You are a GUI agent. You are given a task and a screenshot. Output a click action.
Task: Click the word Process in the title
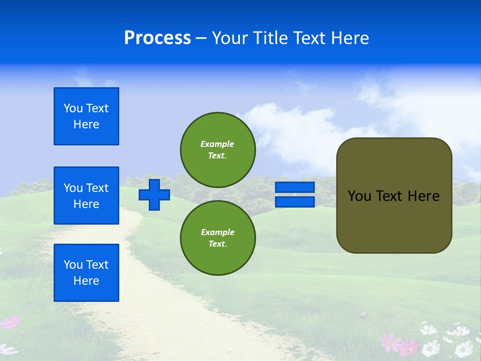pyautogui.click(x=157, y=38)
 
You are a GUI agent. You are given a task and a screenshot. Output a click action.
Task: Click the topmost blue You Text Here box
pyautogui.click(x=86, y=116)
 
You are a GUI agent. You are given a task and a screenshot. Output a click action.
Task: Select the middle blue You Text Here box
pyautogui.click(x=86, y=196)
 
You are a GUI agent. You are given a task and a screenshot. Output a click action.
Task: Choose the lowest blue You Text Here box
pyautogui.click(x=86, y=272)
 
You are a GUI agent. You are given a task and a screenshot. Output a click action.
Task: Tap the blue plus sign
pyautogui.click(x=154, y=195)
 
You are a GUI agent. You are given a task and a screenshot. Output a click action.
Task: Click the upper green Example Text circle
pyautogui.click(x=217, y=149)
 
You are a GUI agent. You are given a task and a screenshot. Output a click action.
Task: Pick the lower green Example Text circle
pyautogui.click(x=217, y=238)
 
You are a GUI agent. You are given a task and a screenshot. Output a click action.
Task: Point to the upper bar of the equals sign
pyautogui.click(x=295, y=188)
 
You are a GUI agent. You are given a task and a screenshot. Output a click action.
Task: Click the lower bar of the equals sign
pyautogui.click(x=295, y=202)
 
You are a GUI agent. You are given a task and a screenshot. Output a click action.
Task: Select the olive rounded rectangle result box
pyautogui.click(x=394, y=221)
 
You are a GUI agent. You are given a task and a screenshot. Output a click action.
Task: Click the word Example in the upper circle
pyautogui.click(x=217, y=144)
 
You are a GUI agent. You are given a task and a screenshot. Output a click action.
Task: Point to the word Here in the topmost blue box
pyautogui.click(x=86, y=124)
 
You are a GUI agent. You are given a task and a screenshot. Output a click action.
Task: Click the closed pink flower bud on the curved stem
pyautogui.click(x=364, y=315)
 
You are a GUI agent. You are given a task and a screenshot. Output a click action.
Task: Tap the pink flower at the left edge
pyautogui.click(x=10, y=322)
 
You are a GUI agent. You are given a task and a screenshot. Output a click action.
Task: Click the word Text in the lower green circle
pyautogui.click(x=217, y=244)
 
